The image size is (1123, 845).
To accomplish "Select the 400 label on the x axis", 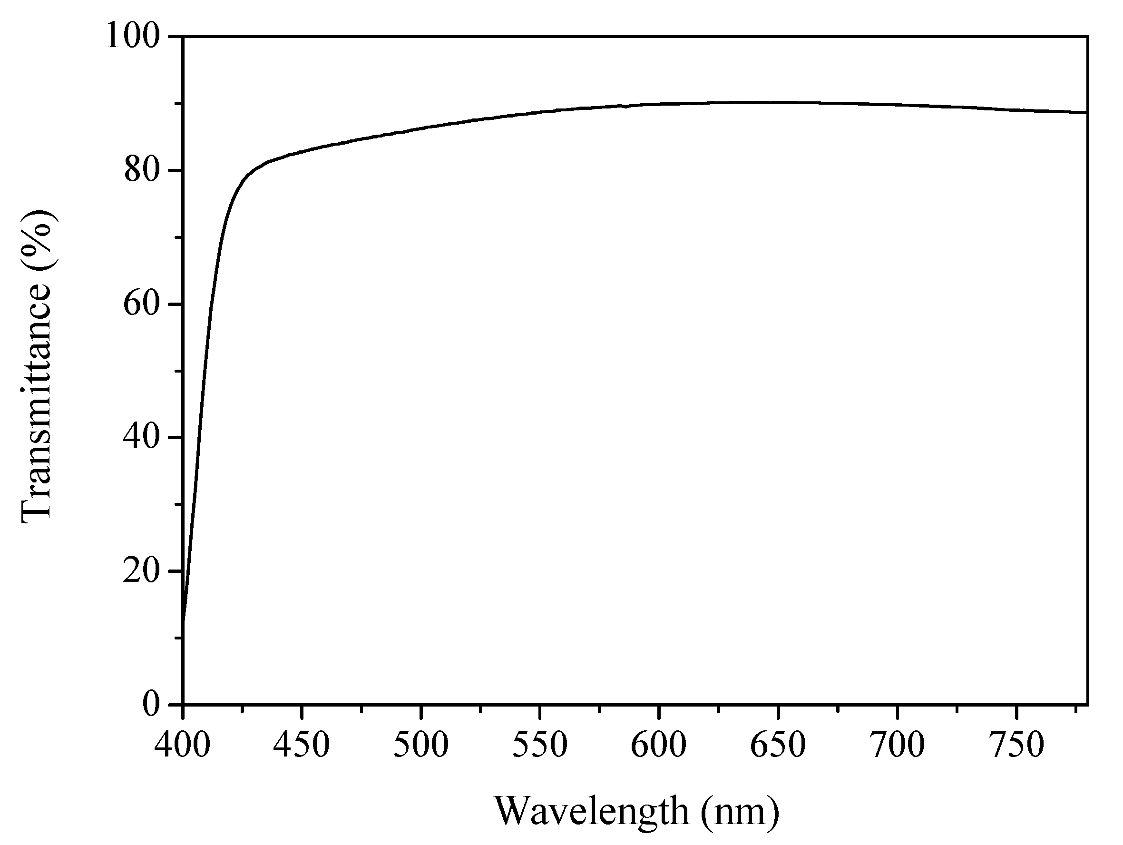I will [x=183, y=745].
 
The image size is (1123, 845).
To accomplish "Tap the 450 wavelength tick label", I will [x=302, y=745].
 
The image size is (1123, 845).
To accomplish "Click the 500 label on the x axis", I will [x=421, y=745].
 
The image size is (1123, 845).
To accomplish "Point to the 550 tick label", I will [x=540, y=745].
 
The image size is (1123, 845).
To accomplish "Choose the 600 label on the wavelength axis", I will [x=659, y=745].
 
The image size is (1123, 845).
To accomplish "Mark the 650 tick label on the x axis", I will [x=778, y=745].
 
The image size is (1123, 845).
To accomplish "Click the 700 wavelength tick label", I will [x=897, y=745].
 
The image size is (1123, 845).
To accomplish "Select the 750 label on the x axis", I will [x=1016, y=745].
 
